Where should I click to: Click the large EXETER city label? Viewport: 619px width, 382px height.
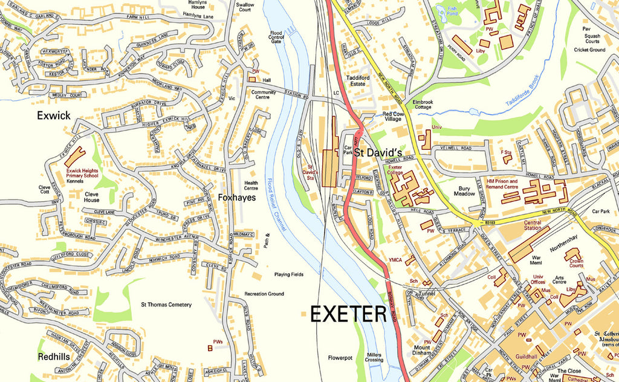click(x=348, y=314)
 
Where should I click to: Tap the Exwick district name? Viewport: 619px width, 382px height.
click(x=53, y=115)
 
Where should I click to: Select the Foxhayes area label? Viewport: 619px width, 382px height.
click(x=237, y=197)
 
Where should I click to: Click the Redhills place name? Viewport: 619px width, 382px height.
click(x=53, y=357)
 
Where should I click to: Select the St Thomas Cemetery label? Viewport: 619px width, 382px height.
click(x=166, y=305)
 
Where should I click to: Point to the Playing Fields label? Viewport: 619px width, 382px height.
click(x=288, y=274)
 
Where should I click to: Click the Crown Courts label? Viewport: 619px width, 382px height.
click(x=577, y=262)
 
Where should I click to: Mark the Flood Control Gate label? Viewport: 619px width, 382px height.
click(x=276, y=37)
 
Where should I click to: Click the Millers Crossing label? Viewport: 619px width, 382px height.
click(x=374, y=357)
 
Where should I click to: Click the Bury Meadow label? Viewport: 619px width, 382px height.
click(x=464, y=192)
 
